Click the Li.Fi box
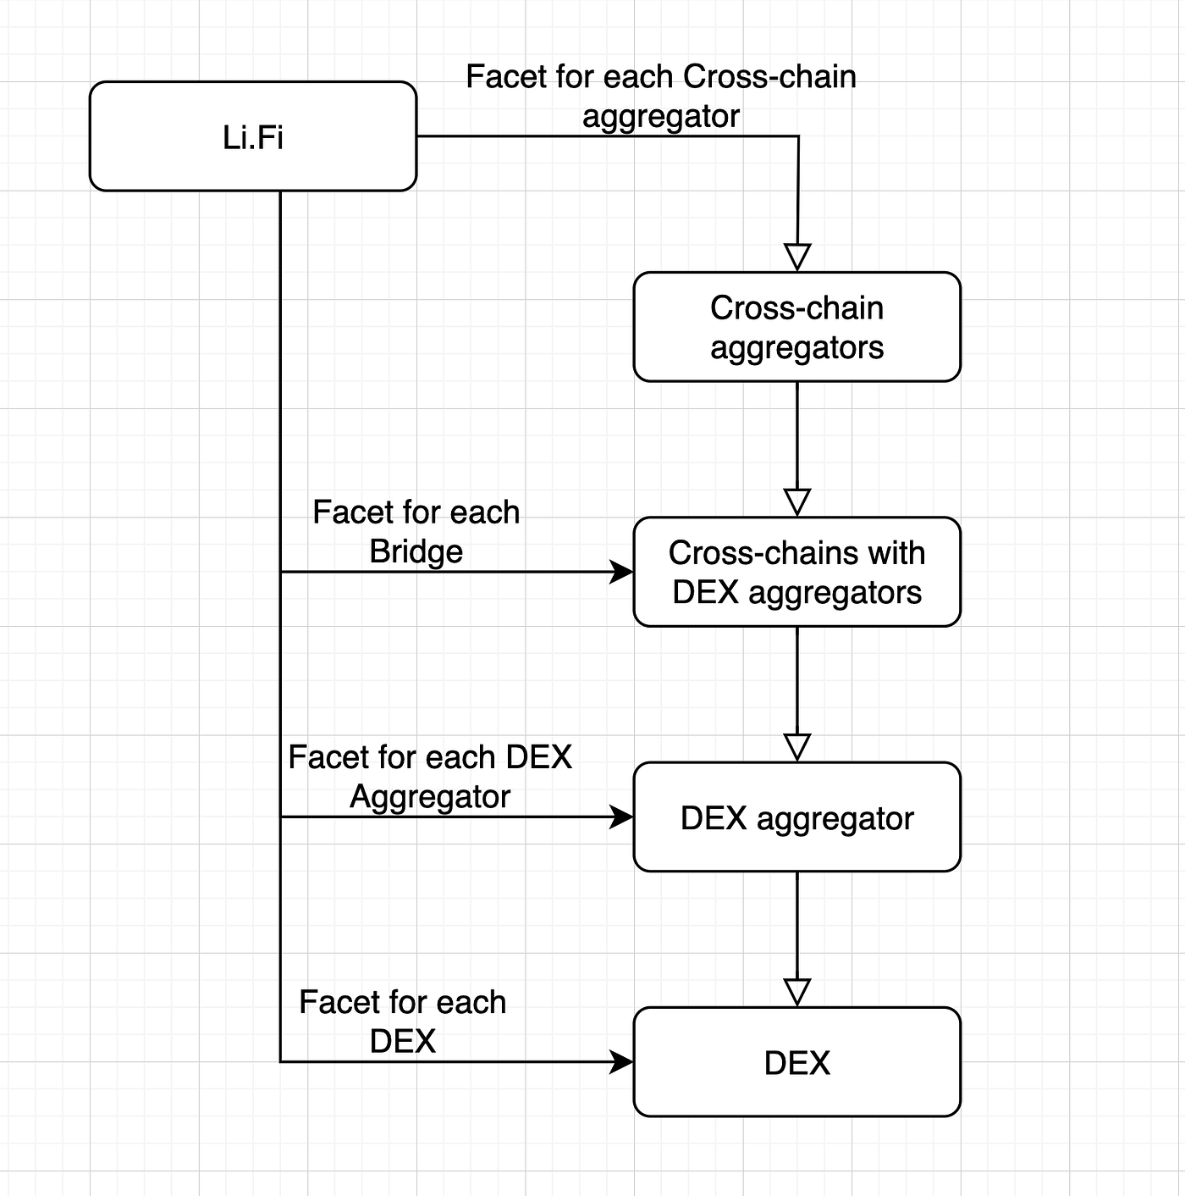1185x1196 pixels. pos(252,136)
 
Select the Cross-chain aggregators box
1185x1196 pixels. pos(796,327)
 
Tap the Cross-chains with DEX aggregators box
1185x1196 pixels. pos(796,572)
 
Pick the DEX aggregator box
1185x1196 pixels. pos(796,817)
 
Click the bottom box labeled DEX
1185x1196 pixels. pos(796,1062)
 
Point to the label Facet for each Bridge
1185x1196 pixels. pos(416,531)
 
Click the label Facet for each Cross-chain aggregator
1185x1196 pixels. pos(661,96)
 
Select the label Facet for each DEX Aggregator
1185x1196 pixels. pos(430,776)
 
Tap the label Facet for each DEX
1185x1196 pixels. pos(402,1021)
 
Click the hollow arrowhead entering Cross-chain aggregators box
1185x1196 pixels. pos(797,257)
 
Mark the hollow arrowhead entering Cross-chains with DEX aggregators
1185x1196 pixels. pos(797,501)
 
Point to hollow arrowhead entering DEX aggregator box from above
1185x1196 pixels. pos(797,746)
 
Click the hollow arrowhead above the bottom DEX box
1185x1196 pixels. pos(797,991)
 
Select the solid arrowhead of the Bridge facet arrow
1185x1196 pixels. pos(622,572)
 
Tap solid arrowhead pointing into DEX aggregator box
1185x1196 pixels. pos(622,817)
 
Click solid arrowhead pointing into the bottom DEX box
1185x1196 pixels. pos(622,1061)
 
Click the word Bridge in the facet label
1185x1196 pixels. pos(416,551)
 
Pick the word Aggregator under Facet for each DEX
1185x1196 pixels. pos(430,796)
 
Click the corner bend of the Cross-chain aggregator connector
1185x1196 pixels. pos(798,136)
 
